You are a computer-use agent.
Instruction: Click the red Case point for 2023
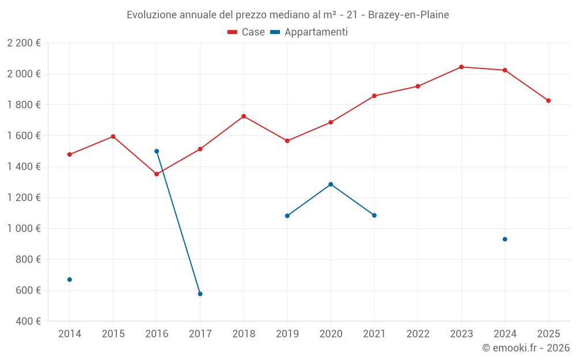[461, 67]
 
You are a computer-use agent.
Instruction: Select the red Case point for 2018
[244, 116]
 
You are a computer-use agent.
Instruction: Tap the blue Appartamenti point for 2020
[331, 184]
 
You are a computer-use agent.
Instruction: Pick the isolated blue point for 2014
[70, 279]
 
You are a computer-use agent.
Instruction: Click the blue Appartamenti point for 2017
[200, 294]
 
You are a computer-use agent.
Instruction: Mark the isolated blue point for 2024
[505, 239]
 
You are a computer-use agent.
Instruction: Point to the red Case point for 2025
[548, 101]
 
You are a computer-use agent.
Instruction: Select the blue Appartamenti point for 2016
[157, 151]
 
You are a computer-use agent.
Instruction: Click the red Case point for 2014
[70, 154]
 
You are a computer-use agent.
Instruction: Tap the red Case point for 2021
[374, 96]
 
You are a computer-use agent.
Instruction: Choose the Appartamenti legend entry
[309, 32]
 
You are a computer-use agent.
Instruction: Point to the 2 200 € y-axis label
[24, 43]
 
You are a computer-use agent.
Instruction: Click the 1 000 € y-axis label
[24, 229]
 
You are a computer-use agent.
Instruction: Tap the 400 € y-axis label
[27, 321]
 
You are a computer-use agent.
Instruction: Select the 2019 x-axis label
[287, 334]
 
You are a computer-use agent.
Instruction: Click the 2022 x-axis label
[418, 334]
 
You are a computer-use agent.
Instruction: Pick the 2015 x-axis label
[113, 334]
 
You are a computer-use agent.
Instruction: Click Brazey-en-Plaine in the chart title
[408, 15]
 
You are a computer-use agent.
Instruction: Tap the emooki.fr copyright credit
[526, 348]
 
